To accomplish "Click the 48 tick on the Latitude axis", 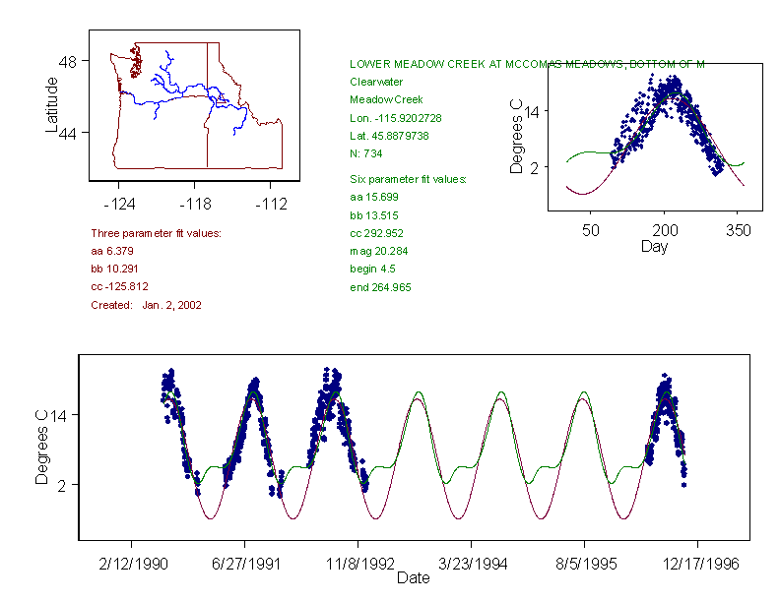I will (x=68, y=61).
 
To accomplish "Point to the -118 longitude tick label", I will (x=195, y=204).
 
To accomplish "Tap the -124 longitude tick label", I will (x=118, y=204).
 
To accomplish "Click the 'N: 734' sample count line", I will (x=366, y=153).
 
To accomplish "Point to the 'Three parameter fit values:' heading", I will (x=156, y=233).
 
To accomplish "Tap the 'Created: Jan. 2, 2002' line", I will (x=146, y=305).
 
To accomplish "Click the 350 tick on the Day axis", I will (x=739, y=230).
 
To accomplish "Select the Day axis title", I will (x=654, y=246).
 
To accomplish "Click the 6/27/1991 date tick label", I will (x=245, y=564).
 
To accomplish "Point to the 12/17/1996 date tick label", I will (x=697, y=564).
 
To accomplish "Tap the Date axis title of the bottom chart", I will (x=413, y=578).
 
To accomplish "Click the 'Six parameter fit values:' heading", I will (x=408, y=179).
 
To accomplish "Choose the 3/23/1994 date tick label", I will (x=472, y=564).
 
